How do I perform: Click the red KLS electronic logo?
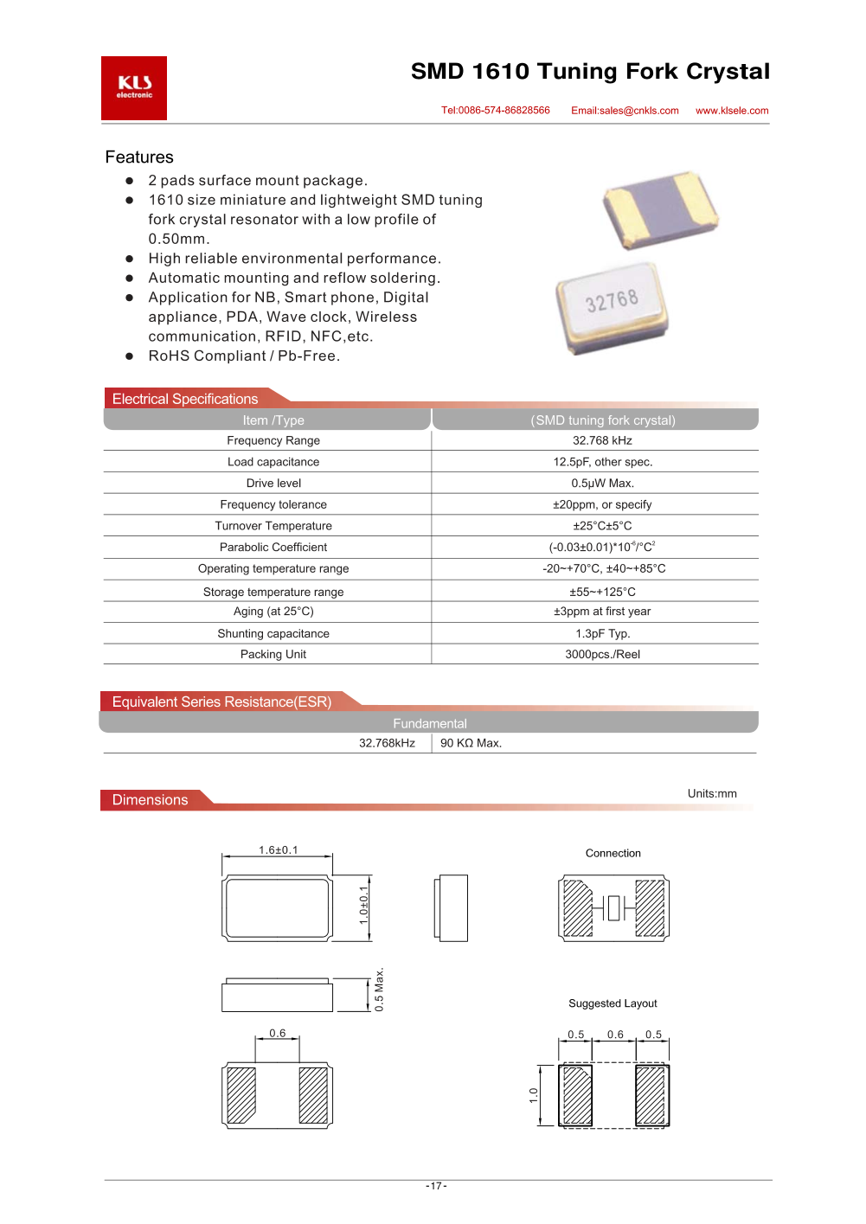tap(134, 87)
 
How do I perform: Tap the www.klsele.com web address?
tap(732, 111)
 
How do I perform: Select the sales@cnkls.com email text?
tap(625, 111)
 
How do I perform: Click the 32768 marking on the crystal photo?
tap(612, 301)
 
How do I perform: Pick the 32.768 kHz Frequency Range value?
tap(602, 440)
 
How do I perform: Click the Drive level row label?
tap(273, 483)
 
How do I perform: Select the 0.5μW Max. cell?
tap(602, 483)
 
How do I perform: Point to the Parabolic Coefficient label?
tap(273, 547)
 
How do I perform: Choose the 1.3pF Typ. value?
tap(602, 633)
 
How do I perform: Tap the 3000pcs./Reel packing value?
tap(602, 654)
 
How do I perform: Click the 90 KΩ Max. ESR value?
tap(471, 743)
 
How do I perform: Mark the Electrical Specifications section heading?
tap(185, 399)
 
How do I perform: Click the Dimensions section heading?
tap(150, 800)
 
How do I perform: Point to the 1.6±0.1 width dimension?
tap(278, 850)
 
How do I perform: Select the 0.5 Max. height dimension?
tap(379, 990)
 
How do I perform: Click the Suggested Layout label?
tap(613, 1003)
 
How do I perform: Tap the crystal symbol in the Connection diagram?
tap(614, 908)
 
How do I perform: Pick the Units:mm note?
tap(712, 793)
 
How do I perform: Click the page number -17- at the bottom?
tap(436, 1186)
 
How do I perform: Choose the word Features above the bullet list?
tap(139, 157)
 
